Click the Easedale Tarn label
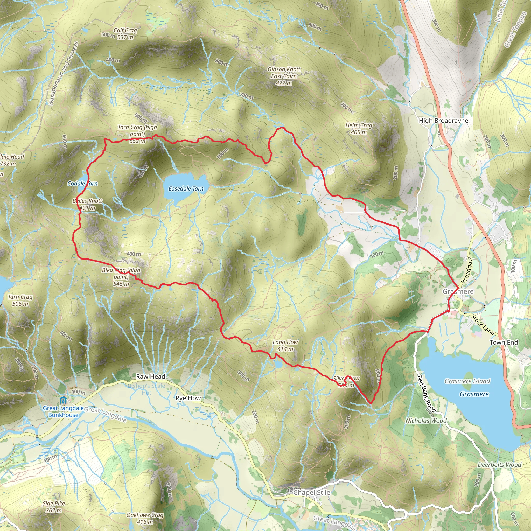(x=186, y=188)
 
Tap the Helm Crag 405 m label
(x=359, y=129)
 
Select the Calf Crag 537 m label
(x=125, y=33)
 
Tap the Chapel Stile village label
(x=312, y=492)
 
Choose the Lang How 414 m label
(x=285, y=345)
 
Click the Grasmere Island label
(x=467, y=381)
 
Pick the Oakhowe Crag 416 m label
(x=145, y=518)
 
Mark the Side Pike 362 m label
(x=54, y=507)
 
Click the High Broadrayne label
(x=443, y=120)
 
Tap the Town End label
(x=504, y=342)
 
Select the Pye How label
(x=188, y=398)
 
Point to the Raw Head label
(x=151, y=376)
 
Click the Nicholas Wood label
(x=426, y=421)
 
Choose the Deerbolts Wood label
(x=499, y=464)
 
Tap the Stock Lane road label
(x=483, y=324)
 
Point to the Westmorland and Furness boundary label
(x=63, y=74)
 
